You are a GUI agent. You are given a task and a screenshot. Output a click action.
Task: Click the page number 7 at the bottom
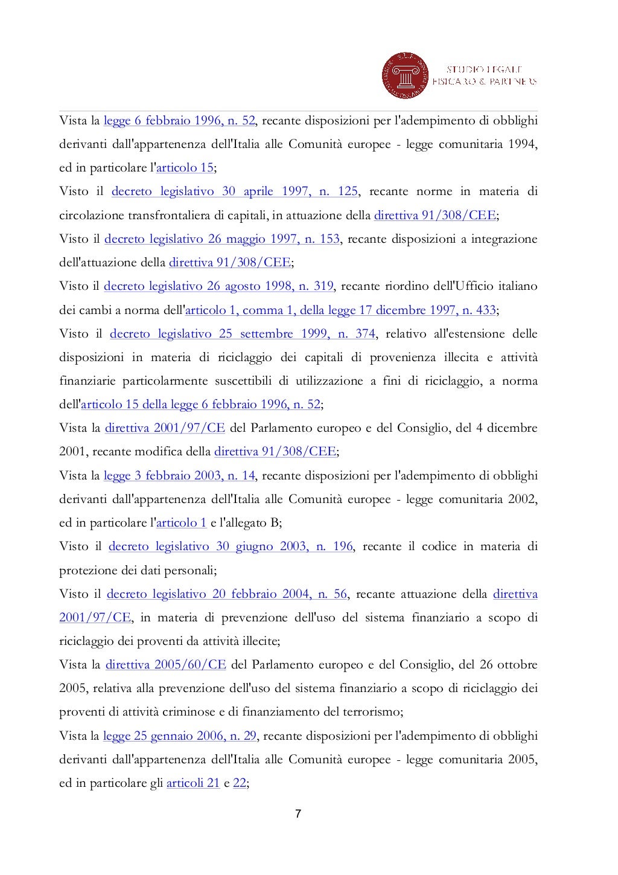coord(298,813)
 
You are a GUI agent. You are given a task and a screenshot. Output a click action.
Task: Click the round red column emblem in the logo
coord(405,75)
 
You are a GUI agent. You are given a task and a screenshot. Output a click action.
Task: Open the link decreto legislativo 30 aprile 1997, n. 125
coord(235,191)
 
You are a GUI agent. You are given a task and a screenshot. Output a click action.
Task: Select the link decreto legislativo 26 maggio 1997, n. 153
coord(222,239)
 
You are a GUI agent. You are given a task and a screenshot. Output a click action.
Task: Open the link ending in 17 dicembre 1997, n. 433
coord(340,310)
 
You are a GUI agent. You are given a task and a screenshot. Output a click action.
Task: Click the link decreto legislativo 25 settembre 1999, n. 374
coord(243,333)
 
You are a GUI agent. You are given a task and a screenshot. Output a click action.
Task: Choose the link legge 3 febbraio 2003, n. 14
coord(179,475)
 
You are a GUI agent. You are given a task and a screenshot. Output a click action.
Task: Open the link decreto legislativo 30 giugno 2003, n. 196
coord(231,546)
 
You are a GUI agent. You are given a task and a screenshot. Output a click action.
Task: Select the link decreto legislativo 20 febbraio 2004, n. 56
coord(227,594)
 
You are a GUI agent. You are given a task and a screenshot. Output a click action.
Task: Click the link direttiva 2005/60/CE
coord(165,665)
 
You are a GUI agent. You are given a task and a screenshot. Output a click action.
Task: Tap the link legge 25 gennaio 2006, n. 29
coord(180,736)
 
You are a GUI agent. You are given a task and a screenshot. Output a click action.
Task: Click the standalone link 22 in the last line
coord(240,783)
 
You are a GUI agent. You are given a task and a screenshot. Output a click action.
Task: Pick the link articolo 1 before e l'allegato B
coord(181,522)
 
